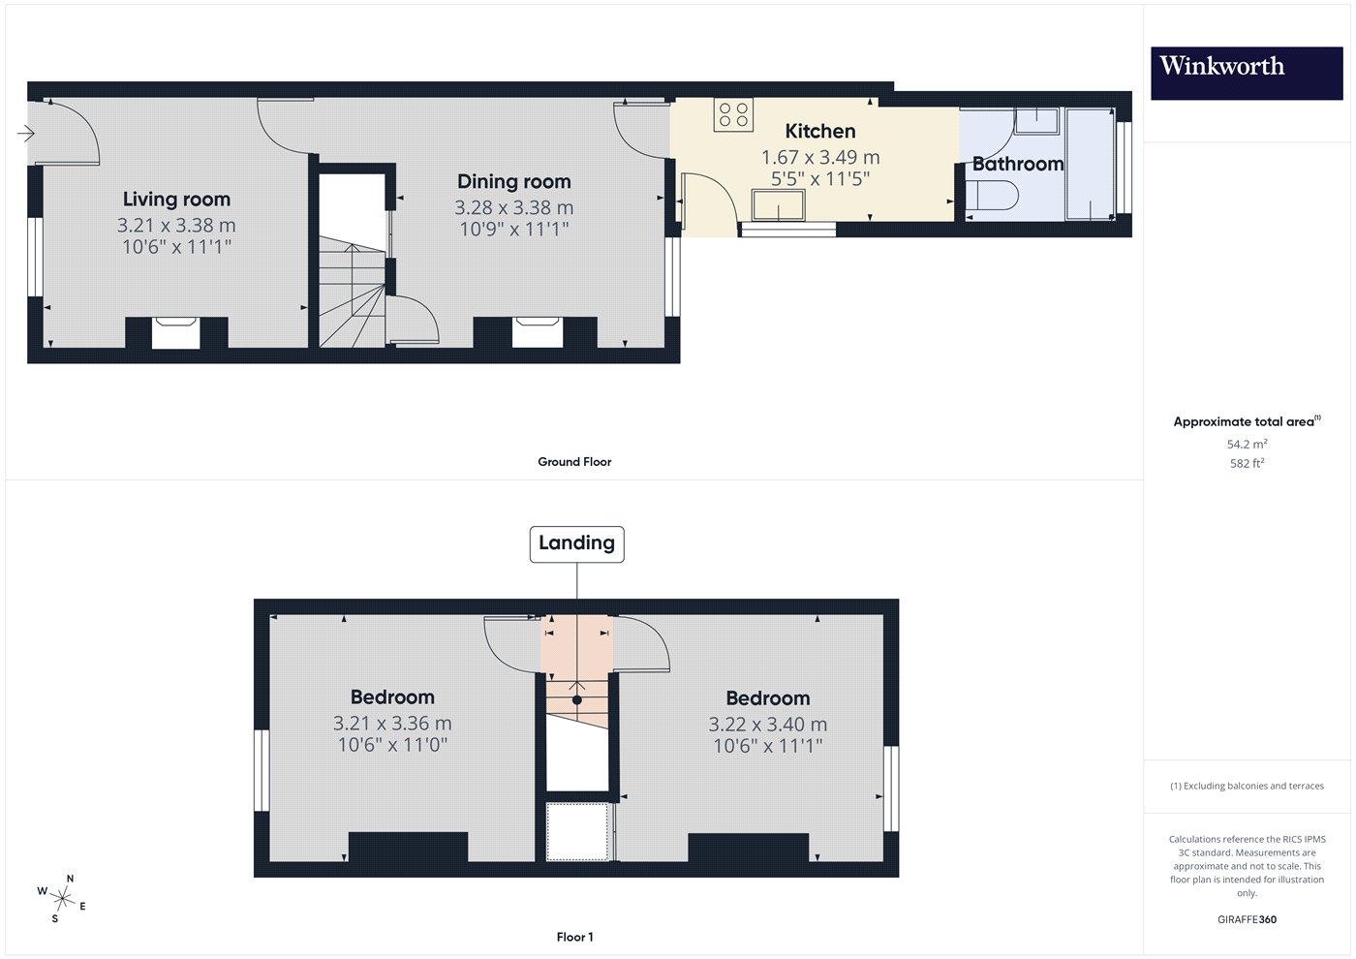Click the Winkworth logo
pos(1247,74)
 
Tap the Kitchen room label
pos(820,131)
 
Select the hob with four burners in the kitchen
pos(734,114)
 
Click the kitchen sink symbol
pos(779,205)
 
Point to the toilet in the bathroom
pos(992,196)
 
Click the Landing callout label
pos(577,543)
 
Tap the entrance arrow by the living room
pos(26,134)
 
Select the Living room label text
pos(176,200)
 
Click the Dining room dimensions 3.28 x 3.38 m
pos(514,207)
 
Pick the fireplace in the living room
pos(176,332)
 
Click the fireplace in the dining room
pos(537,332)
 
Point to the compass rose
pos(62,899)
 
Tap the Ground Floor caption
pos(574,462)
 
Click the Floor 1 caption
pos(575,938)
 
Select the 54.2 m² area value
pos(1248,444)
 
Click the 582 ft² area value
pos(1248,463)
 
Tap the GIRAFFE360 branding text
pos(1248,919)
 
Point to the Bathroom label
pos(1018,164)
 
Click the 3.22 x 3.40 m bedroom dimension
pos(767,725)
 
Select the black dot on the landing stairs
pos(577,699)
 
